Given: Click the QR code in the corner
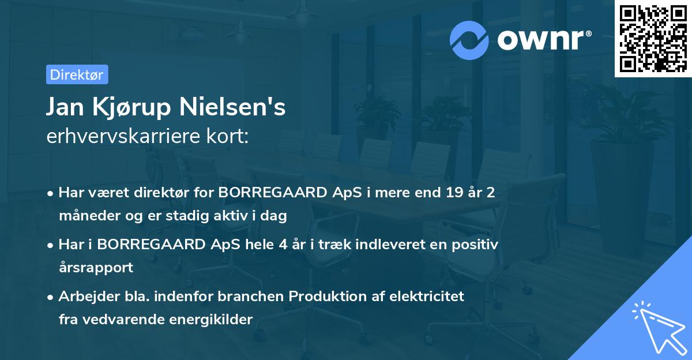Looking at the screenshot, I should [653, 39].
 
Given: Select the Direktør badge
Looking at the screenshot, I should [77, 74].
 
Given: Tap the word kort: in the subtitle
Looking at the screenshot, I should [230, 137].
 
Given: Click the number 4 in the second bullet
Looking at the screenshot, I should [283, 244].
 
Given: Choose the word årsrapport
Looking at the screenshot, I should [96, 268].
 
